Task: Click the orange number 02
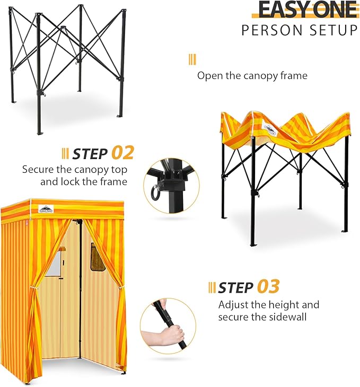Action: point(122,153)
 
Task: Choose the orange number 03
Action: point(268,287)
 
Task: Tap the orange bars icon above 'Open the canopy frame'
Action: point(192,59)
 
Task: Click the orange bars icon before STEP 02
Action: point(65,154)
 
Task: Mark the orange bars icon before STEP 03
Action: point(212,287)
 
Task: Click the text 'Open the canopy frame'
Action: point(252,76)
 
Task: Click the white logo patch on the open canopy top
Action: point(270,129)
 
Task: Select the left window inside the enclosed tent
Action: point(54,263)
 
